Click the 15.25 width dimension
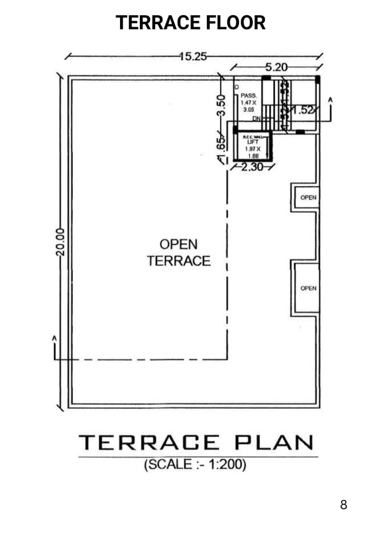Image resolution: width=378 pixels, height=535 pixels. (x=194, y=56)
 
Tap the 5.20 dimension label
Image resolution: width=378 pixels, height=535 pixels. (x=275, y=67)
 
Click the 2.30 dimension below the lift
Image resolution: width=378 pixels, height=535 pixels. (x=251, y=167)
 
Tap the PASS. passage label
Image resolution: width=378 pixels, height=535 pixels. (x=249, y=95)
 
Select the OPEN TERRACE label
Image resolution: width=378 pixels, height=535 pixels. (x=178, y=253)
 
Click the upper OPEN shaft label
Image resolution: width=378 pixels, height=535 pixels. (x=308, y=198)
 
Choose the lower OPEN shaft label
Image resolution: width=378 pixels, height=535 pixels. (x=308, y=288)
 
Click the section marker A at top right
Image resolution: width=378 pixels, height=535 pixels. (x=330, y=100)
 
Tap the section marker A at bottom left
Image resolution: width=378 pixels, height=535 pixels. (x=55, y=339)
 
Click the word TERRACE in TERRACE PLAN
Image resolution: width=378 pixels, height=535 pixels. (x=149, y=443)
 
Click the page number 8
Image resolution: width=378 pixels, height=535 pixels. (x=344, y=505)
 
